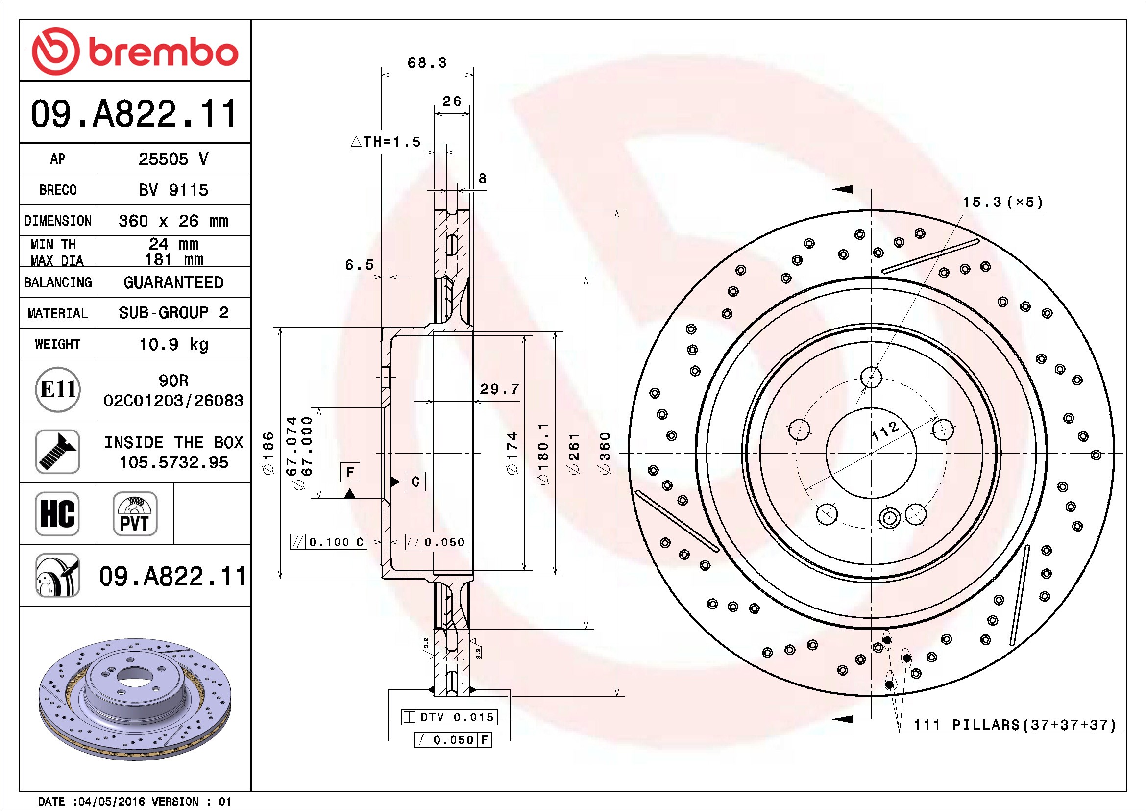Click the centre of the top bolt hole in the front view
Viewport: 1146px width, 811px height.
click(871, 377)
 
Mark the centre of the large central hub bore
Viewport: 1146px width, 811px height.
click(871, 454)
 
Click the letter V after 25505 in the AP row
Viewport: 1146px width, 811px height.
click(203, 159)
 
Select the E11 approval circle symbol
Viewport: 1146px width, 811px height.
click(58, 389)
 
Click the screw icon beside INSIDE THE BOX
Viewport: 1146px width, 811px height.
click(58, 452)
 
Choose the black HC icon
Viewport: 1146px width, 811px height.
click(57, 513)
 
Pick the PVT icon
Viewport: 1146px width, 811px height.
click(135, 513)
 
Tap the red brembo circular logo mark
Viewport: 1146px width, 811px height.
click(55, 51)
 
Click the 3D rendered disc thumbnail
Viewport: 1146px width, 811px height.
click(135, 699)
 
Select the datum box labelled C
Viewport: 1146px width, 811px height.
click(415, 482)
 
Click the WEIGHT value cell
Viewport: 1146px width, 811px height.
click(174, 344)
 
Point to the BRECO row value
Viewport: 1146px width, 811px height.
click(174, 190)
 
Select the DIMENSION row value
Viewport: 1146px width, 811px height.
click(174, 221)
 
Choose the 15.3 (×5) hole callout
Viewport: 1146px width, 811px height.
click(1003, 202)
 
